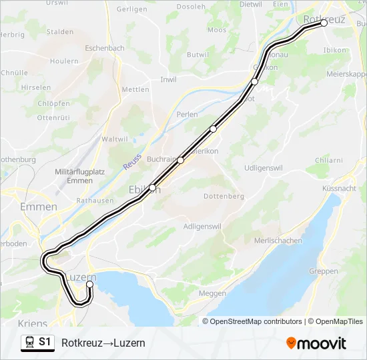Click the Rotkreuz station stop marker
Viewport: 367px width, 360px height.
coord(324,23)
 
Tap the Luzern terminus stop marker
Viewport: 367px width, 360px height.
coord(89,285)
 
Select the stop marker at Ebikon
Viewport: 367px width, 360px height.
coord(153,188)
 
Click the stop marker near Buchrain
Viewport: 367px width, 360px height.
coord(181,160)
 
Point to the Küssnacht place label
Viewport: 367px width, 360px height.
coord(339,189)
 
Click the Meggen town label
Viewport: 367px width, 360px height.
coord(212,293)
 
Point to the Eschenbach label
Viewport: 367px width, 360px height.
coord(105,49)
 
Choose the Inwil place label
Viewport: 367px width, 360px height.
coord(169,79)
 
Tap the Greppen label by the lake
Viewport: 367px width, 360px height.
coord(324,271)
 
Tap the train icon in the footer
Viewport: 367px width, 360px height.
coord(29,343)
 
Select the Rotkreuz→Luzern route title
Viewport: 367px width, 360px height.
coord(103,343)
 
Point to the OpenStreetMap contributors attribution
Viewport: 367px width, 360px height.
coord(256,321)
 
